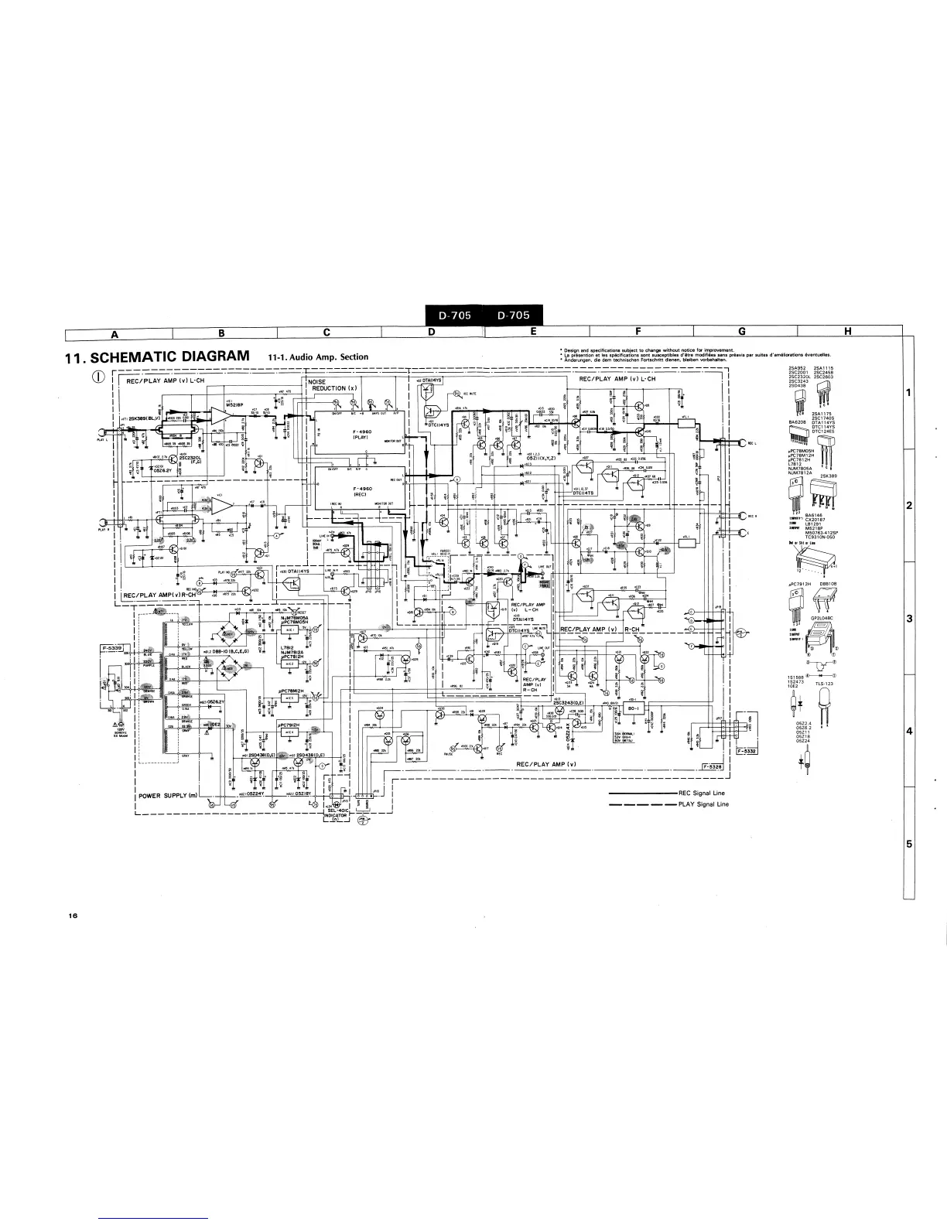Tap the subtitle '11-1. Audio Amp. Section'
(318, 357)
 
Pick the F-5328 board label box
(711, 766)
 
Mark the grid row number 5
(910, 844)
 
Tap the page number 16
(73, 916)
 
